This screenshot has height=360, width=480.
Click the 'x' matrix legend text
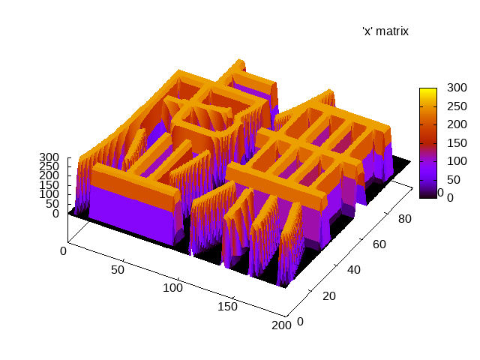tap(385, 31)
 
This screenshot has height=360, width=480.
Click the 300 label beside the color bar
tap(457, 88)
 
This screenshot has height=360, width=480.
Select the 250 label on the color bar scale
tap(457, 106)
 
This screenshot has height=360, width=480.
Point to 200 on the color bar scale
tap(457, 124)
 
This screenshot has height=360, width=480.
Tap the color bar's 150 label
tap(457, 143)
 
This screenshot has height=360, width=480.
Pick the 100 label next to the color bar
tap(457, 161)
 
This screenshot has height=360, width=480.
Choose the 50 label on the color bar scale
tap(454, 180)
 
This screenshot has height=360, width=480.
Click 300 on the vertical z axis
tap(49, 157)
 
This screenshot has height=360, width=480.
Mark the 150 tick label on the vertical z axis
tap(49, 185)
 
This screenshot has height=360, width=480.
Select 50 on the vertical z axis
tap(52, 204)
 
